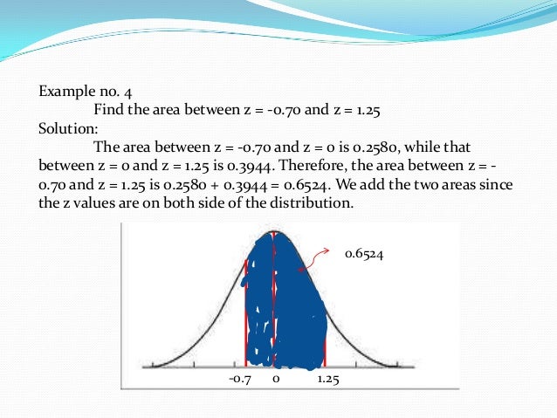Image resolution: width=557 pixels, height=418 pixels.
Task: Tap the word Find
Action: tap(109, 109)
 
